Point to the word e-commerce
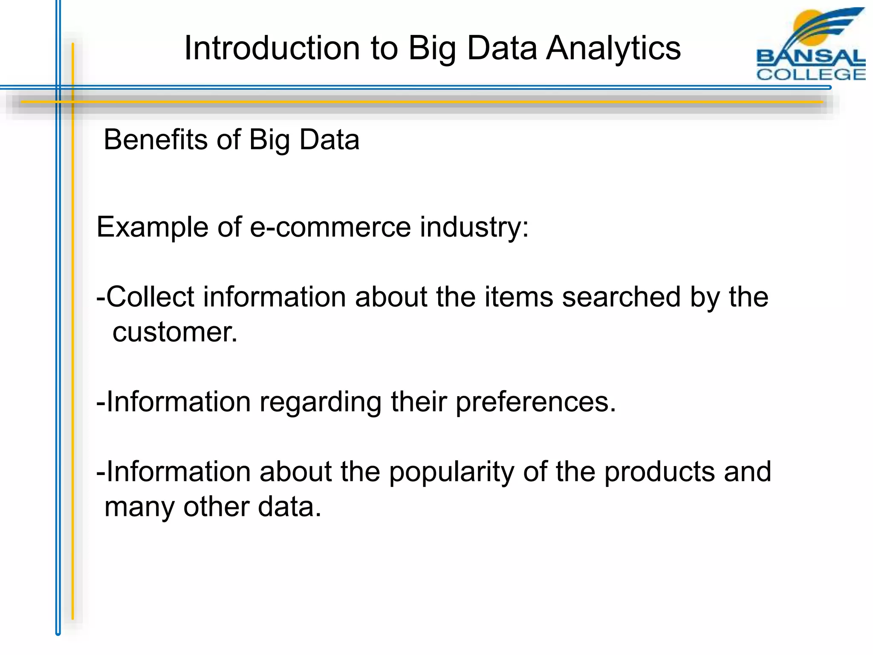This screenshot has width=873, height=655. [x=330, y=227]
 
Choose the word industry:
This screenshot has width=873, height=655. [x=474, y=227]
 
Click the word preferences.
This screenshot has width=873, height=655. [x=536, y=402]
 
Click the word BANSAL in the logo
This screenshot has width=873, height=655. [x=811, y=57]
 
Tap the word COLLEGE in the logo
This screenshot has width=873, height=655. [x=811, y=74]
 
